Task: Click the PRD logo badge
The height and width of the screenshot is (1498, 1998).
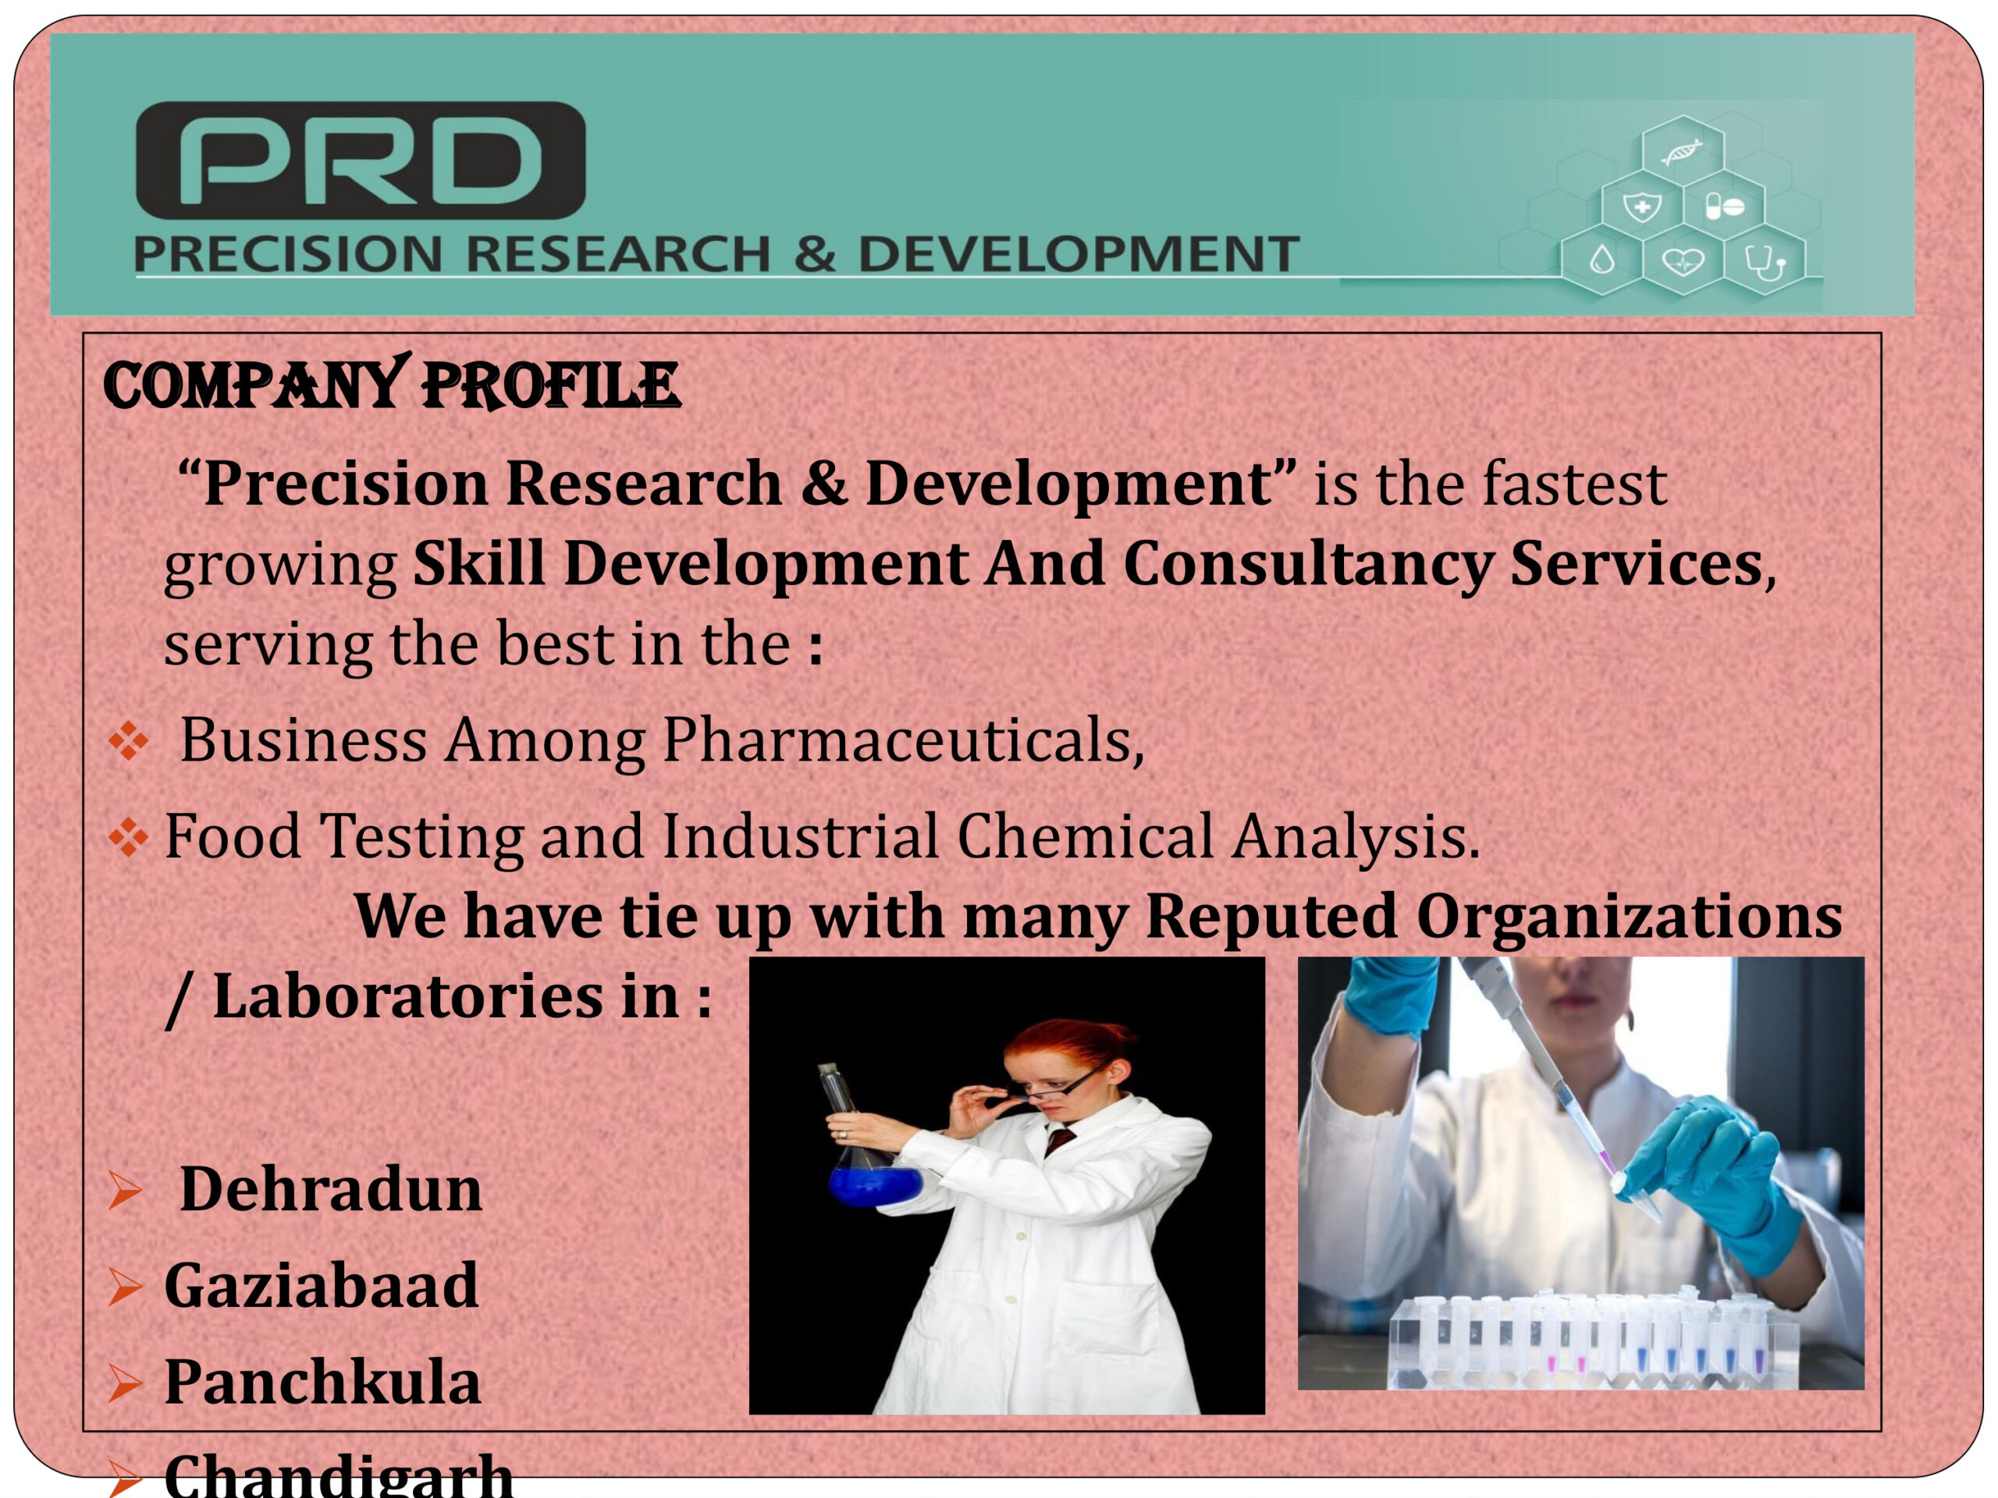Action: click(x=361, y=160)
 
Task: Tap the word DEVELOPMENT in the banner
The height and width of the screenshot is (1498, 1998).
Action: click(x=1079, y=254)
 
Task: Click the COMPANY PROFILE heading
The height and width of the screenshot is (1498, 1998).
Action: click(x=391, y=385)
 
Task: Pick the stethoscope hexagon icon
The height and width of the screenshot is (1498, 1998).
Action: click(x=1764, y=262)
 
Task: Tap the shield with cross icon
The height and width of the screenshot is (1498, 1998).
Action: click(x=1642, y=207)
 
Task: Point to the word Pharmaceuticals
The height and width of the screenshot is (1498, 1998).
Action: click(x=904, y=741)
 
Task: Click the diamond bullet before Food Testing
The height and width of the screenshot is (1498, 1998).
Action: click(x=128, y=836)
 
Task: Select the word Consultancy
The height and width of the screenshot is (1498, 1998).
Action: click(x=1308, y=563)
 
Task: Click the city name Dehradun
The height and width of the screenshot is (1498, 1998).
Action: click(x=331, y=1189)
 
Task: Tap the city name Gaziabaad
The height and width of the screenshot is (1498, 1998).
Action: click(x=321, y=1286)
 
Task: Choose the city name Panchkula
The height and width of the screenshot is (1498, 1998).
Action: click(x=322, y=1383)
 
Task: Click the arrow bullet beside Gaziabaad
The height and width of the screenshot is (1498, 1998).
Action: click(x=126, y=1287)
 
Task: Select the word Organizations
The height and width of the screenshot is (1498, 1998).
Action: click(x=1630, y=918)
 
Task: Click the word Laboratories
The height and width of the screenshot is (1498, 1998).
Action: click(x=407, y=997)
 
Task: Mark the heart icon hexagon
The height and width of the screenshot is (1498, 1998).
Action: click(x=1683, y=262)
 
